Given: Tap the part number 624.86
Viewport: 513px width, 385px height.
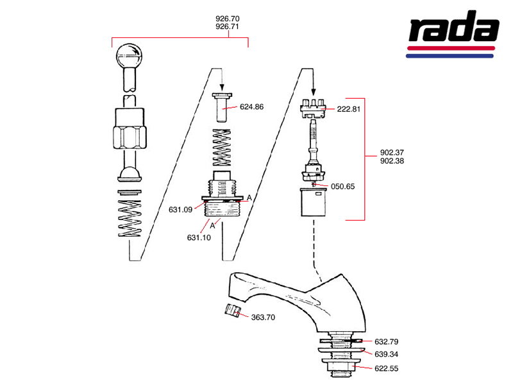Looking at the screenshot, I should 252,107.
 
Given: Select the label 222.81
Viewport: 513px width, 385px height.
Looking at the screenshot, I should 349,109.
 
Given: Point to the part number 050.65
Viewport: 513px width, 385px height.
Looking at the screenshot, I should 343,187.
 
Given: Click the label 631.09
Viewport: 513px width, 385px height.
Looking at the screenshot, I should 181,209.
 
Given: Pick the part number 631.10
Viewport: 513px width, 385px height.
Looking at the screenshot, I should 199,238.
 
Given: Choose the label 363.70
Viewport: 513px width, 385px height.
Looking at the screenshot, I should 263,317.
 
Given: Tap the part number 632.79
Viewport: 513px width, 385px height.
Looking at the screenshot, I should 387,341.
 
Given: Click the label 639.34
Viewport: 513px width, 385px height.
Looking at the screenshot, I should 387,354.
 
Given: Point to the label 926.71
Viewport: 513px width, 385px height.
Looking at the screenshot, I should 227,28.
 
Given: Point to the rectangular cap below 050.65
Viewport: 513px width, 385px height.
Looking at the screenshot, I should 314,203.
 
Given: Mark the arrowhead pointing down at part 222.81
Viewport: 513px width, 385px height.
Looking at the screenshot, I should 313,92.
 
